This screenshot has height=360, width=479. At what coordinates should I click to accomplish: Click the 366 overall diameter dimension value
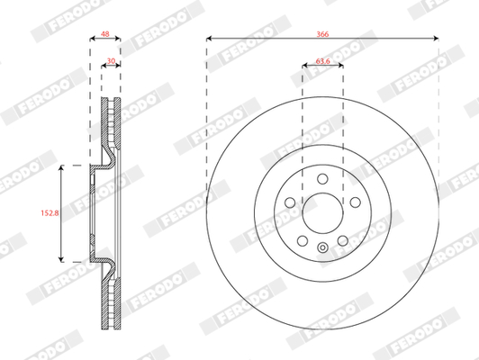pos(322,34)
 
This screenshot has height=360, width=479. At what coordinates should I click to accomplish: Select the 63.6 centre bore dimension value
pos(322,61)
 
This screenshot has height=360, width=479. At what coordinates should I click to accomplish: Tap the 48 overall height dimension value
pos(105,34)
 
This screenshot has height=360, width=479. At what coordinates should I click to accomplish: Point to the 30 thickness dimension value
pos(111,61)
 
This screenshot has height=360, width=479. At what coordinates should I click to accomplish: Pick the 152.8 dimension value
pos(50,212)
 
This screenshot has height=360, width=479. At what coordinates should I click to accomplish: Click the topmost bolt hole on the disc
pos(322,179)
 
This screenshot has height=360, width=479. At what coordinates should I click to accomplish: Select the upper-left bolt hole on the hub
pos(290,202)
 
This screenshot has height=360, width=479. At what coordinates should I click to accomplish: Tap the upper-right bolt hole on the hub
pos(356,202)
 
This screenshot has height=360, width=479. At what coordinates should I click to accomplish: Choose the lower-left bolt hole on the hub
pos(303,241)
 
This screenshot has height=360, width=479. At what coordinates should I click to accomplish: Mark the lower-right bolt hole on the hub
pos(343,241)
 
